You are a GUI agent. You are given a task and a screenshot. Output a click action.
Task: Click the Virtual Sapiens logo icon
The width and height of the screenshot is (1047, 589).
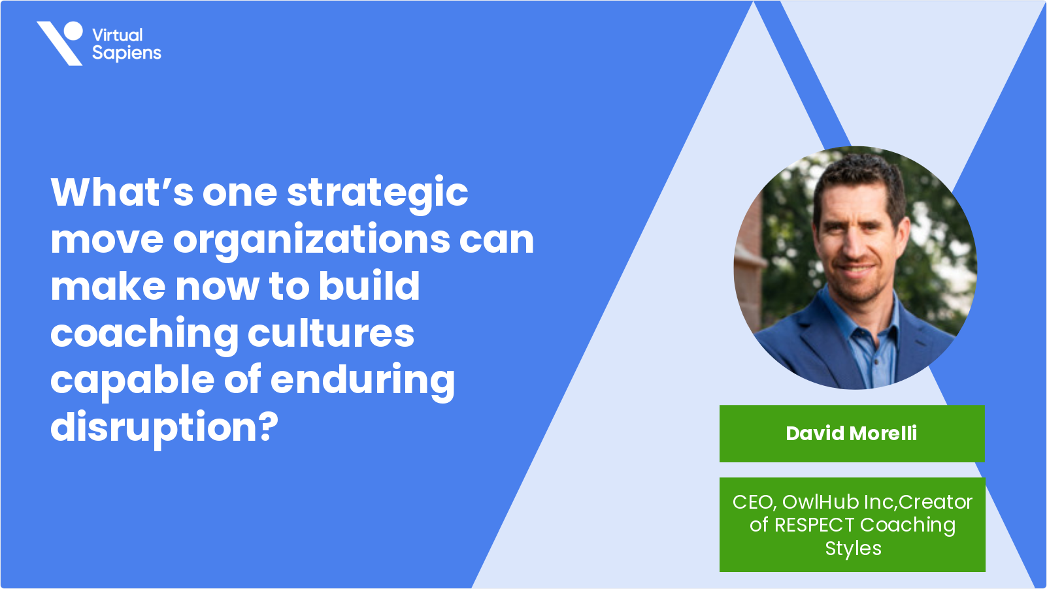pos(60,43)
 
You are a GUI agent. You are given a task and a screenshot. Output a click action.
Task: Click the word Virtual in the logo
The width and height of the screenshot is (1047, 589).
pos(118,35)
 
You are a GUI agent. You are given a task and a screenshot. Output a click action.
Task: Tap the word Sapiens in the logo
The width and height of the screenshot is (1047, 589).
pos(127,53)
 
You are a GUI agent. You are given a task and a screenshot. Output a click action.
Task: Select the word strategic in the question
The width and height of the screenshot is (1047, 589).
pos(377,193)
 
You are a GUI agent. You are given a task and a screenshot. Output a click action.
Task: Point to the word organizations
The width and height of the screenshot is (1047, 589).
pos(311,240)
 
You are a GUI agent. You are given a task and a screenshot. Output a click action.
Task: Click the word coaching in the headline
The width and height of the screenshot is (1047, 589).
pos(144,334)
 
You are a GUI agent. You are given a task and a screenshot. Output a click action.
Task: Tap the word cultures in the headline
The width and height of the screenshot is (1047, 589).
pos(331,333)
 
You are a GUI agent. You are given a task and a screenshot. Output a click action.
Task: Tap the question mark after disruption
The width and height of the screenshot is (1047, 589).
pos(268,426)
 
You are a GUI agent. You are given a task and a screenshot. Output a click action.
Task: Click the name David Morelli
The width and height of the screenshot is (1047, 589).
pos(851,434)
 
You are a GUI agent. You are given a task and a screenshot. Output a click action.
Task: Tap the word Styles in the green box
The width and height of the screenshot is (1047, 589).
pos(853,549)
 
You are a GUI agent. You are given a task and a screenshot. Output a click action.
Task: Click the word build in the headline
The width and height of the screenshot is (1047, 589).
pos(369,286)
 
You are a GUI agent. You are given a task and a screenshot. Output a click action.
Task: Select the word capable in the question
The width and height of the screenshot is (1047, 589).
pos(132,381)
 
